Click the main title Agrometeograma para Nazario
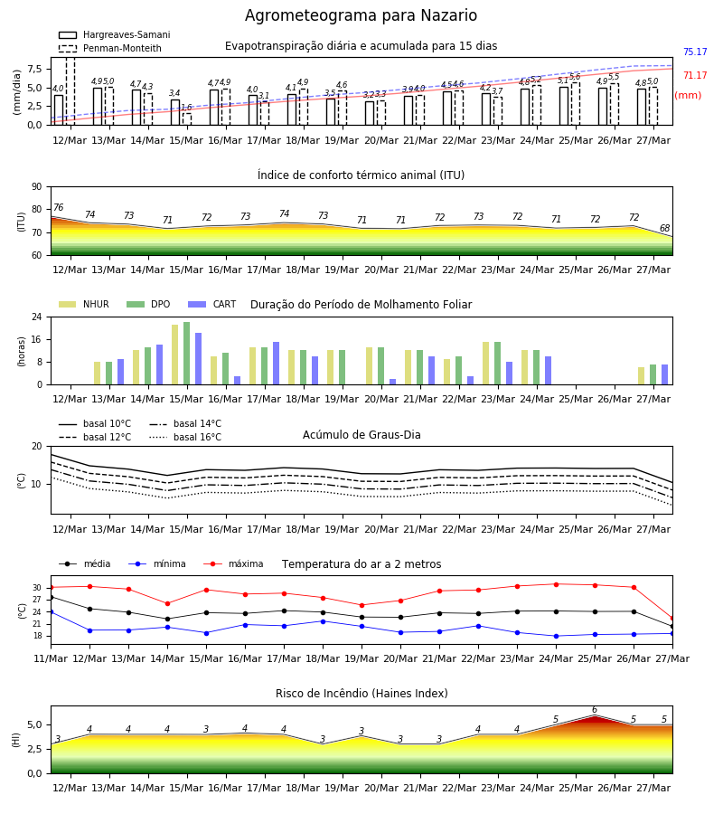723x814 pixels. [361, 15]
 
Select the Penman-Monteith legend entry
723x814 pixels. [110, 48]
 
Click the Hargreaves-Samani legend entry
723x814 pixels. [114, 34]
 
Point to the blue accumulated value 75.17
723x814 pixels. [695, 52]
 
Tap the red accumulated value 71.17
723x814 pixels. [695, 75]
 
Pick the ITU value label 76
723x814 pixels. [58, 207]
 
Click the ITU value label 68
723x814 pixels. [664, 228]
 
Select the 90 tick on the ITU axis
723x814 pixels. [37, 187]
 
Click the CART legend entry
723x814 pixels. [212, 304]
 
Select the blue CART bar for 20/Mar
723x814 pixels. [392, 382]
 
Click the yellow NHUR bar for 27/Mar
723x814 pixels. [642, 376]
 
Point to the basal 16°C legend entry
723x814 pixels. [185, 437]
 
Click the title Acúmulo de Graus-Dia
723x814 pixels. [361, 434]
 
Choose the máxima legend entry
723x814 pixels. [233, 563]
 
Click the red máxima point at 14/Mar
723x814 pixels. [167, 604]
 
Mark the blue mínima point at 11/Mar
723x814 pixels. [51, 612]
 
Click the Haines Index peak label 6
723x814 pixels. [595, 710]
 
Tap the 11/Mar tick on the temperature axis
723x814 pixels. [51, 658]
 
